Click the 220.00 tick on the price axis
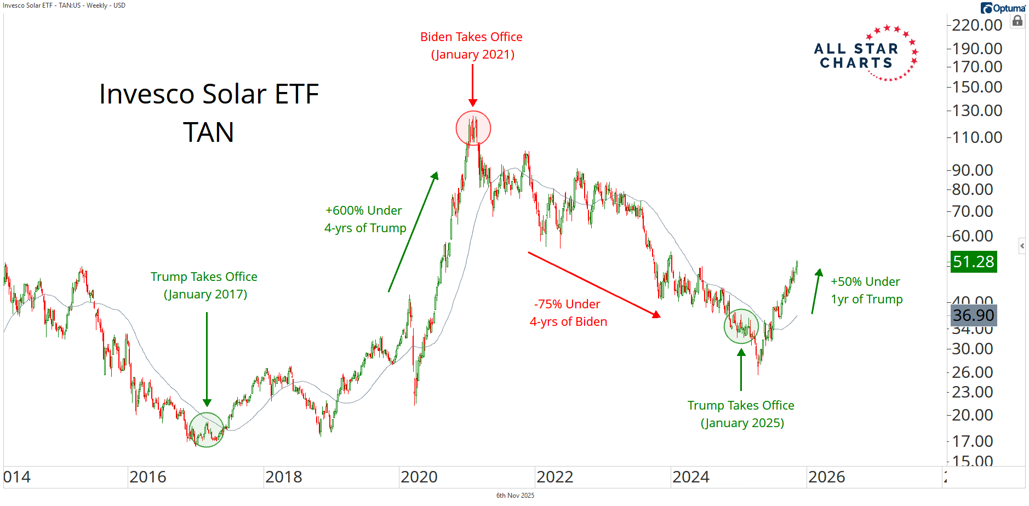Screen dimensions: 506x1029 [x=976, y=25]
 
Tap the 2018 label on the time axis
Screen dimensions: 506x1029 [x=283, y=477]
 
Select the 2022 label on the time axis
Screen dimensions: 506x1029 [x=554, y=477]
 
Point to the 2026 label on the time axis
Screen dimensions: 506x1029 [x=826, y=477]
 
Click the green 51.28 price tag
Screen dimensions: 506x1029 [x=973, y=262]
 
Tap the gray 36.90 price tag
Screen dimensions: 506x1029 [x=973, y=315]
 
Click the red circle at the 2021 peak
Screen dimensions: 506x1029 [x=473, y=128]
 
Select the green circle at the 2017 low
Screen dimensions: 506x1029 [x=207, y=430]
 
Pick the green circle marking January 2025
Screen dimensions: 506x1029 [x=741, y=326]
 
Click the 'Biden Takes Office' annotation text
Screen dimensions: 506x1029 [x=471, y=37]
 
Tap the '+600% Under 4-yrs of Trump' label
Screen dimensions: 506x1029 [x=365, y=219]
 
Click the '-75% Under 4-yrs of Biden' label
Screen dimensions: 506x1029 [x=568, y=313]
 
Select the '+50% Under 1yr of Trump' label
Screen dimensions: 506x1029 [x=866, y=290]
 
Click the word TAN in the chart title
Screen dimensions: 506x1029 [x=208, y=133]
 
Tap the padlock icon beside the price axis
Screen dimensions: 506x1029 [x=1017, y=21]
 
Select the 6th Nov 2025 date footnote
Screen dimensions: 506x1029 [x=515, y=496]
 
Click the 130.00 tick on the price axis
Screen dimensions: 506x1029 [x=976, y=111]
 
